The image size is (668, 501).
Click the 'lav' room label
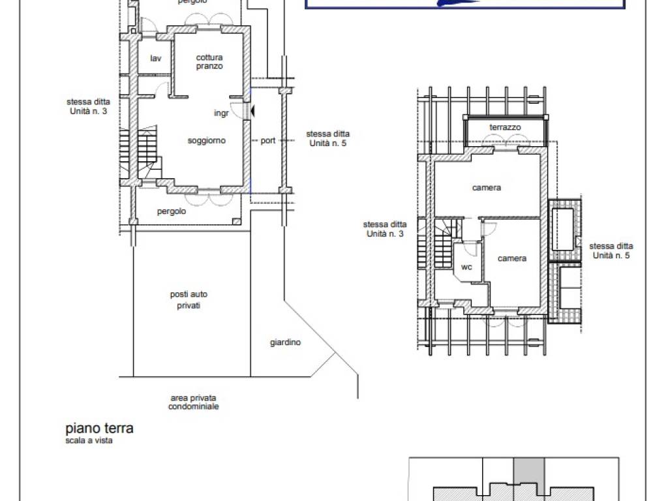point(156,58)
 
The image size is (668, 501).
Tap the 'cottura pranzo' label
point(209,62)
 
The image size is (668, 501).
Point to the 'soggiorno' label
point(207,141)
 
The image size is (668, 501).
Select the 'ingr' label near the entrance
point(221,113)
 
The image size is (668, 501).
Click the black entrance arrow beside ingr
point(252,111)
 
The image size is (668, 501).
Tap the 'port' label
point(268,141)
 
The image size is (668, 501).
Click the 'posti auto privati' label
point(189,300)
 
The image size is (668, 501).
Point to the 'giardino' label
point(286,342)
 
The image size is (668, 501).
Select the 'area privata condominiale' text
point(193,402)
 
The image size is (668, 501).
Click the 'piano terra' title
point(99,428)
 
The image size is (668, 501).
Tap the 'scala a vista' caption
point(89,440)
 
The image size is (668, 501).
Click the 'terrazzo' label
point(505,127)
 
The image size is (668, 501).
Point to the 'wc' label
point(466,267)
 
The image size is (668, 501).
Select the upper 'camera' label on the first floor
point(487,187)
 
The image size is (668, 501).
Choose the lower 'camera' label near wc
point(512,258)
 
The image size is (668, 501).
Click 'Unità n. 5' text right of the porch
point(327,143)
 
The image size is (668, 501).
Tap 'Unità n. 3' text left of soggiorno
point(88,111)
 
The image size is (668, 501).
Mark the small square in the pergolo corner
point(236,222)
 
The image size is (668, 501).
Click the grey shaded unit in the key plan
point(529,473)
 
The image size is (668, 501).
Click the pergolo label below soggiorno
point(172,211)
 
